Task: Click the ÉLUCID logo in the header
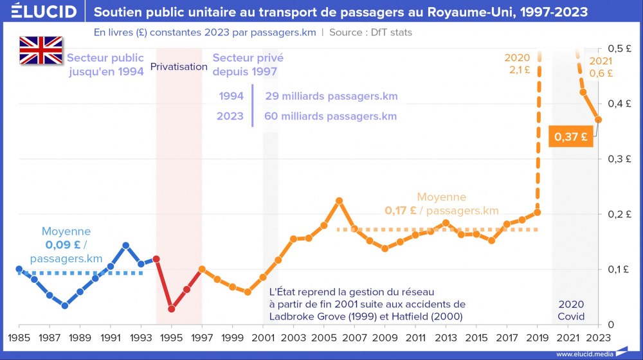tap(44, 12)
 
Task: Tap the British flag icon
tap(41, 50)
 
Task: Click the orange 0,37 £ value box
tap(570, 136)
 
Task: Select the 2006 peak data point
tap(340, 201)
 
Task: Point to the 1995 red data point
tap(171, 309)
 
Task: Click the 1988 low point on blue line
tap(64, 305)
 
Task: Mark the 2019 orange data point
tap(538, 212)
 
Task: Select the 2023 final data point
tap(599, 120)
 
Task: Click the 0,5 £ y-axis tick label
tap(621, 48)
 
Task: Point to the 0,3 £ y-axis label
tap(621, 159)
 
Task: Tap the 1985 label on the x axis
tap(19, 337)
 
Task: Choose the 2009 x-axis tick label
tap(385, 337)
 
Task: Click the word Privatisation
tap(179, 67)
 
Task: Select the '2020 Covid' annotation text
tap(571, 310)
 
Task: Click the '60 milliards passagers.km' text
tap(331, 116)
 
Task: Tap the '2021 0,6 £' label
tap(601, 67)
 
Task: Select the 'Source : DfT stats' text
tap(370, 32)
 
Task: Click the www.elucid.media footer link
tap(584, 354)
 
